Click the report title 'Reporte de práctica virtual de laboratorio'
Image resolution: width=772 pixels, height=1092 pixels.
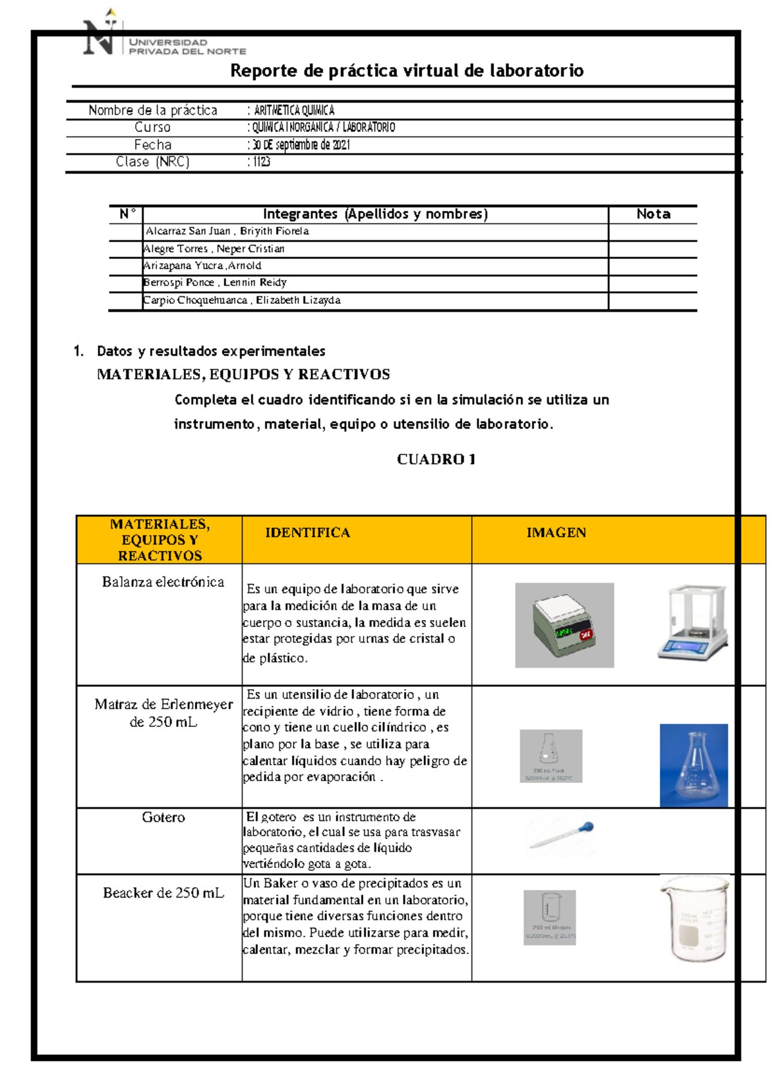(x=407, y=71)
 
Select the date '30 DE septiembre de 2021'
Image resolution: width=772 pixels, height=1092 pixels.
(x=301, y=145)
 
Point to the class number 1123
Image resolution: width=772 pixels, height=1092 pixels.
(x=261, y=162)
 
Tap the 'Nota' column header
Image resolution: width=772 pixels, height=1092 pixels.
(x=653, y=214)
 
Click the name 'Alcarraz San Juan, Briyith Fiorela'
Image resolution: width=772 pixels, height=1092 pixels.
(x=227, y=231)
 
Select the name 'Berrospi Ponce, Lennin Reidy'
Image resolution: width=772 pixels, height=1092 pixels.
(x=215, y=283)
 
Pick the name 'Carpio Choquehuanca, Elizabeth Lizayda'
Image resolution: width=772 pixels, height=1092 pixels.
(x=242, y=300)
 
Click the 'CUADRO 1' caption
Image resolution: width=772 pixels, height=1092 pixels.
(x=436, y=459)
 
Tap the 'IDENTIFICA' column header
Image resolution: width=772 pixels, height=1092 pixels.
(x=308, y=532)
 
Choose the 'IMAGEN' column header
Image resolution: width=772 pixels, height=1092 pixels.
(x=556, y=532)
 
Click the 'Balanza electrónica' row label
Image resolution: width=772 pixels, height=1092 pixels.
(x=163, y=582)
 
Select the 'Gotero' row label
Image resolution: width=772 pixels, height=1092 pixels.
(x=163, y=817)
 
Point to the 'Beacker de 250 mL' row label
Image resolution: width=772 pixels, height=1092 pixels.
(x=163, y=893)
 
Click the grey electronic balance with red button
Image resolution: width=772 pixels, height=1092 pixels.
(x=564, y=625)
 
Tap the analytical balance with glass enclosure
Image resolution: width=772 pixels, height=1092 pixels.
(x=693, y=623)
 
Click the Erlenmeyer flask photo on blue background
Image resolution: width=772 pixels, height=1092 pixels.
(x=694, y=765)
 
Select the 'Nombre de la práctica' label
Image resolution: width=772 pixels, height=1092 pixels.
(x=153, y=110)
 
